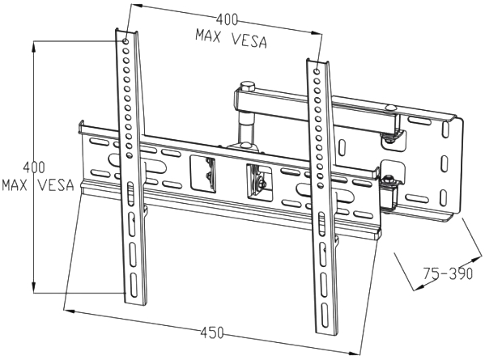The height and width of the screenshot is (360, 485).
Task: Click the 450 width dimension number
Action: click(x=212, y=332)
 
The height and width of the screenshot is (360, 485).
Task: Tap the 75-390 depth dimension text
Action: click(x=448, y=273)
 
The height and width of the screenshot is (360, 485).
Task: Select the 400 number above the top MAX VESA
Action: click(x=227, y=19)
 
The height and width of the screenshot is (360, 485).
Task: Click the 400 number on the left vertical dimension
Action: click(x=34, y=167)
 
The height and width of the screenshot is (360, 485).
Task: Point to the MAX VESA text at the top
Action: click(x=231, y=40)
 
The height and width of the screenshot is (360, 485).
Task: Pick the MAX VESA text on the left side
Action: click(x=38, y=184)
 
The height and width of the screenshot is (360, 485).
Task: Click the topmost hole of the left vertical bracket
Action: click(x=126, y=41)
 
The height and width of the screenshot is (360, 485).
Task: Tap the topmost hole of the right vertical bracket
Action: click(x=317, y=71)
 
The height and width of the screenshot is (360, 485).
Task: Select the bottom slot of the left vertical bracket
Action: click(x=134, y=286)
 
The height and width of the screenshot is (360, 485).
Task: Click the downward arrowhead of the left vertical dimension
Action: click(x=34, y=288)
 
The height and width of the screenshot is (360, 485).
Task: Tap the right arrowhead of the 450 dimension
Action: click(x=355, y=353)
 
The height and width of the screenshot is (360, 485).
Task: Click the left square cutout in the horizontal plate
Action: click(x=202, y=174)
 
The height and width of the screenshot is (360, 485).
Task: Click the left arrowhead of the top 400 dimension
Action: click(x=136, y=5)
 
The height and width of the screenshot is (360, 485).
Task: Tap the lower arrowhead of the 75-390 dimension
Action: click(x=418, y=288)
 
